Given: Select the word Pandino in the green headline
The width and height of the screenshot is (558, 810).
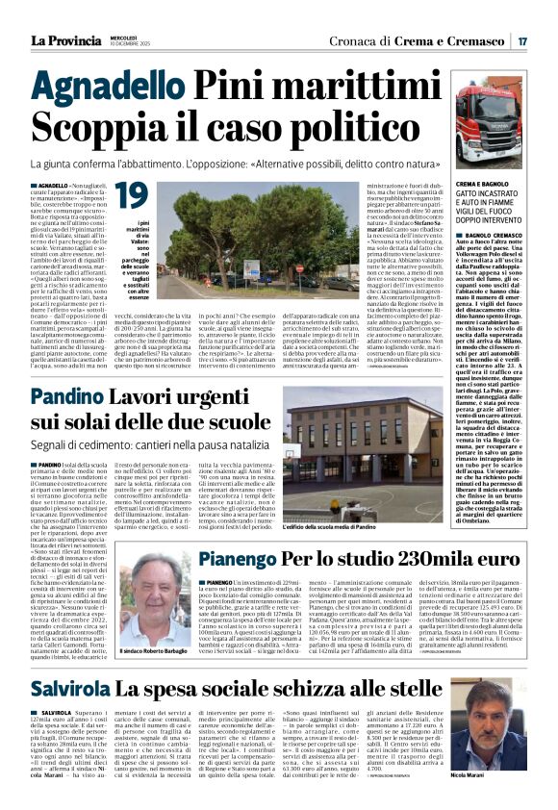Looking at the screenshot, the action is [95, 396].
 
